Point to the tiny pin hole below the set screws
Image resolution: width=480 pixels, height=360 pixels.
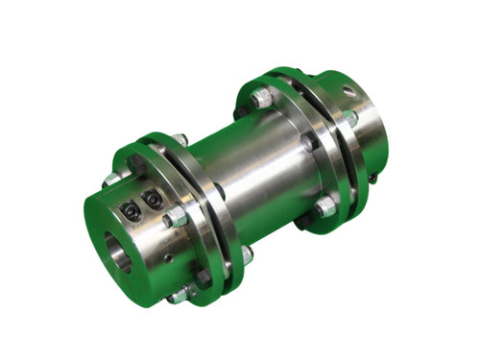(166, 257)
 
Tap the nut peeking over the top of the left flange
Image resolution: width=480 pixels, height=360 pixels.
(180, 140)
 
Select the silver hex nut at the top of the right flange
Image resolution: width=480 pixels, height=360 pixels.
(262, 97)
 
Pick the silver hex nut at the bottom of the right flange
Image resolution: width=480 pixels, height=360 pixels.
(324, 205)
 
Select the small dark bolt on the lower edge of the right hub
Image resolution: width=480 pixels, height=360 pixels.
(372, 178)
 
